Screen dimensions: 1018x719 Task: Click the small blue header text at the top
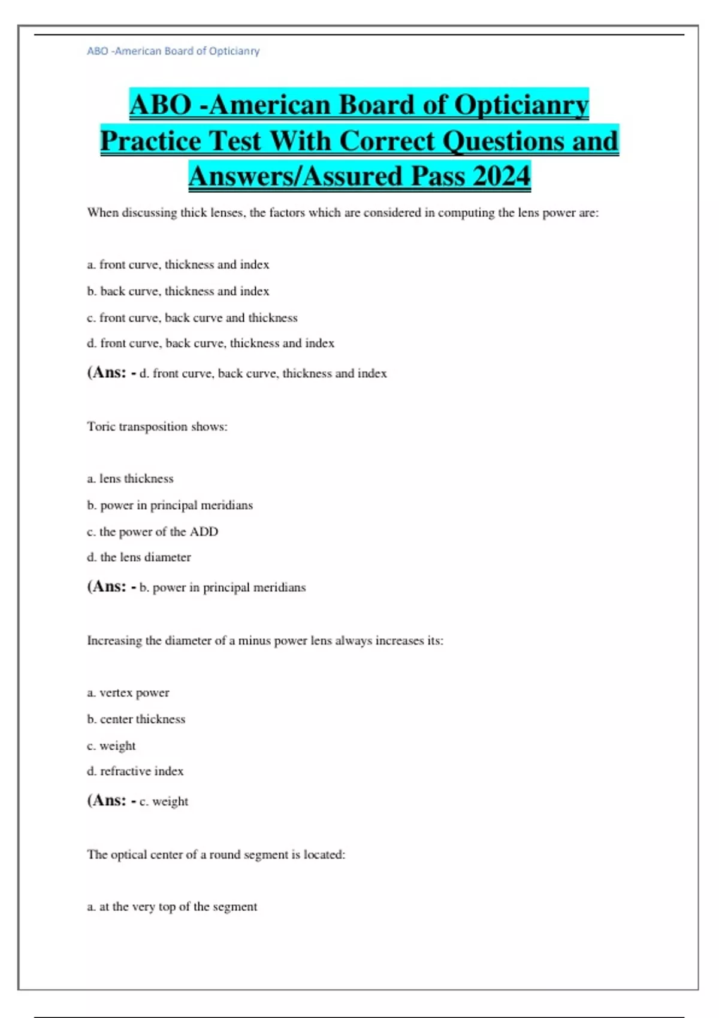point(173,51)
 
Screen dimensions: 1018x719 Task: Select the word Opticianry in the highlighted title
point(521,105)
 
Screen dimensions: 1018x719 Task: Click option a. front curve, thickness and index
point(178,265)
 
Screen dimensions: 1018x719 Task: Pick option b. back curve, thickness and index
point(178,291)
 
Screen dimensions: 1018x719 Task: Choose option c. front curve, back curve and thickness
point(192,317)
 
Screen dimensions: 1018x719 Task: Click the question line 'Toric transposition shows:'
point(157,426)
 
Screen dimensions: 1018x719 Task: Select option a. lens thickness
point(130,478)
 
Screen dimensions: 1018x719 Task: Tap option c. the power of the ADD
point(152,531)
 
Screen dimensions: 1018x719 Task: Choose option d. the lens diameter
point(139,557)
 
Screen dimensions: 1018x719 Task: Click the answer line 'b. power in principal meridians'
point(222,587)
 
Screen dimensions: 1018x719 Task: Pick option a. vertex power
point(128,693)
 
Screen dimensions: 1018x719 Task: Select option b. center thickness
point(136,719)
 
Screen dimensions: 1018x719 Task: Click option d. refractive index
point(135,771)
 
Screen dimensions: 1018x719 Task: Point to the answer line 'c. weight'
point(164,801)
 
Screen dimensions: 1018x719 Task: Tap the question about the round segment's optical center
point(216,855)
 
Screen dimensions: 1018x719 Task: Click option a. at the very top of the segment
point(172,907)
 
